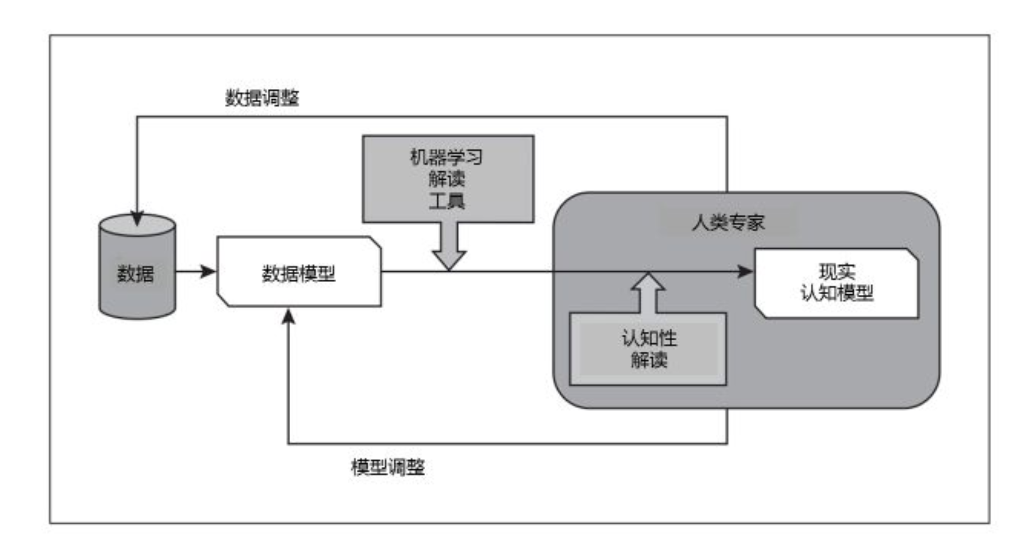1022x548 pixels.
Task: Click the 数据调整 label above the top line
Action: (262, 98)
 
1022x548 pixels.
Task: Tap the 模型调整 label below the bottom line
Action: (388, 467)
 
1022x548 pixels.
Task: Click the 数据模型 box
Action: (298, 273)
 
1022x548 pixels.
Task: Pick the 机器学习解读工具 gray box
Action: (448, 179)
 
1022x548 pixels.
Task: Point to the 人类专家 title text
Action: (728, 223)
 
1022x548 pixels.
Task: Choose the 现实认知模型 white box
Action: (836, 283)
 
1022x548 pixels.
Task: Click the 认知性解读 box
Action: (648, 349)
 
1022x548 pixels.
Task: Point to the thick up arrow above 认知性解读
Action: (648, 293)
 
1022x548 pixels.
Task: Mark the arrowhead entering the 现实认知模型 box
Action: (745, 271)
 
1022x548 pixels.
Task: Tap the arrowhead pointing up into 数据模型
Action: (288, 316)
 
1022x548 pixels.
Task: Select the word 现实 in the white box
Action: (837, 272)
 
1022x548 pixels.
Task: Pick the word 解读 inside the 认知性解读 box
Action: (649, 360)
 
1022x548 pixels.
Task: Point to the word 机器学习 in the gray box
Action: (446, 158)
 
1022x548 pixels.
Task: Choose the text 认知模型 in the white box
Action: (837, 293)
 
